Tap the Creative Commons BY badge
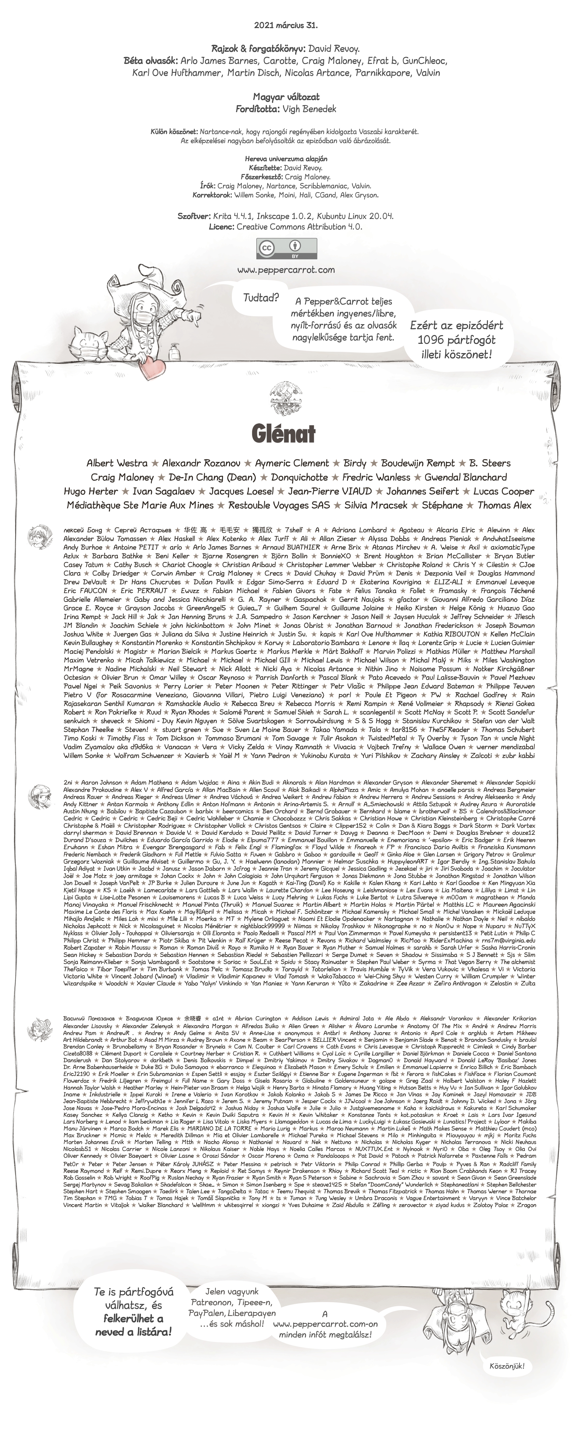click(x=286, y=249)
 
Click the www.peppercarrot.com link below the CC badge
click(x=286, y=270)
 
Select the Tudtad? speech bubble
click(x=261, y=298)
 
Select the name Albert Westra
click(x=116, y=463)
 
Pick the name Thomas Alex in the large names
click(x=504, y=505)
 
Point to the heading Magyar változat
click(x=286, y=97)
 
